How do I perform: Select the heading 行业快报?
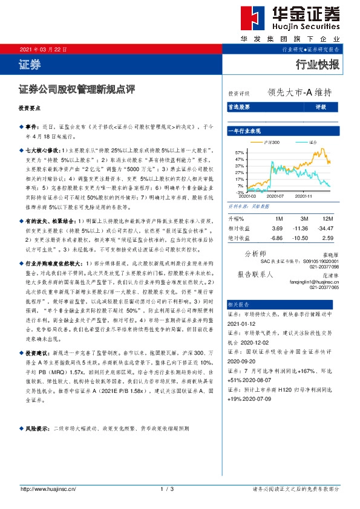click(x=318, y=64)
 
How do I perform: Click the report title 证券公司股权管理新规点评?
click(x=77, y=89)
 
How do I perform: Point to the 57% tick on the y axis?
click(x=240, y=152)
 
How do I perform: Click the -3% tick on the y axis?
click(x=240, y=192)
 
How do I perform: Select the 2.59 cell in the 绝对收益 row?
click(x=328, y=238)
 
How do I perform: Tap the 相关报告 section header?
click(x=238, y=304)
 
